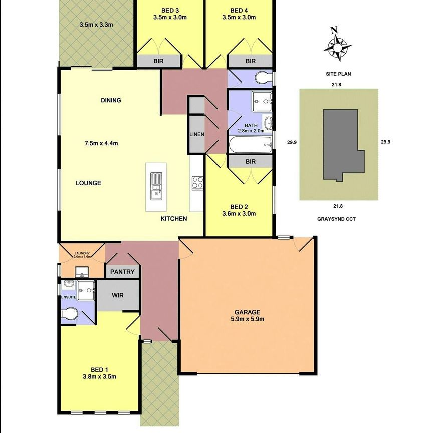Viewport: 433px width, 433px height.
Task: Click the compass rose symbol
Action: tap(337, 47)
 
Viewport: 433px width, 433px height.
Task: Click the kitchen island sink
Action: tap(156, 186)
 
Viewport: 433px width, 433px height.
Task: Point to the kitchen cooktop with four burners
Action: tap(197, 183)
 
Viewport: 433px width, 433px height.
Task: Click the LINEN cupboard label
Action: tap(196, 134)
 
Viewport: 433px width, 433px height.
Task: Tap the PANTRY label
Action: tap(123, 272)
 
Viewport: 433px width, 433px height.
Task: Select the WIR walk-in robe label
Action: tap(117, 295)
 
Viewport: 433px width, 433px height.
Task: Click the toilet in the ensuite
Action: tap(70, 314)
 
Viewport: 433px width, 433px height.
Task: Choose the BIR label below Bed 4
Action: tap(251, 61)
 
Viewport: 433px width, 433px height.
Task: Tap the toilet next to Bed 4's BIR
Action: tap(262, 78)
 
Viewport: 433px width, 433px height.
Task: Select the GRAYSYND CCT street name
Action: tap(337, 219)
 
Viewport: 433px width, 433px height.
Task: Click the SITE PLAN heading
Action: tap(337, 74)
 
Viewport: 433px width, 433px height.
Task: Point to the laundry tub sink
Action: tap(82, 272)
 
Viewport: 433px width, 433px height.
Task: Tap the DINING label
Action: tap(111, 100)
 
